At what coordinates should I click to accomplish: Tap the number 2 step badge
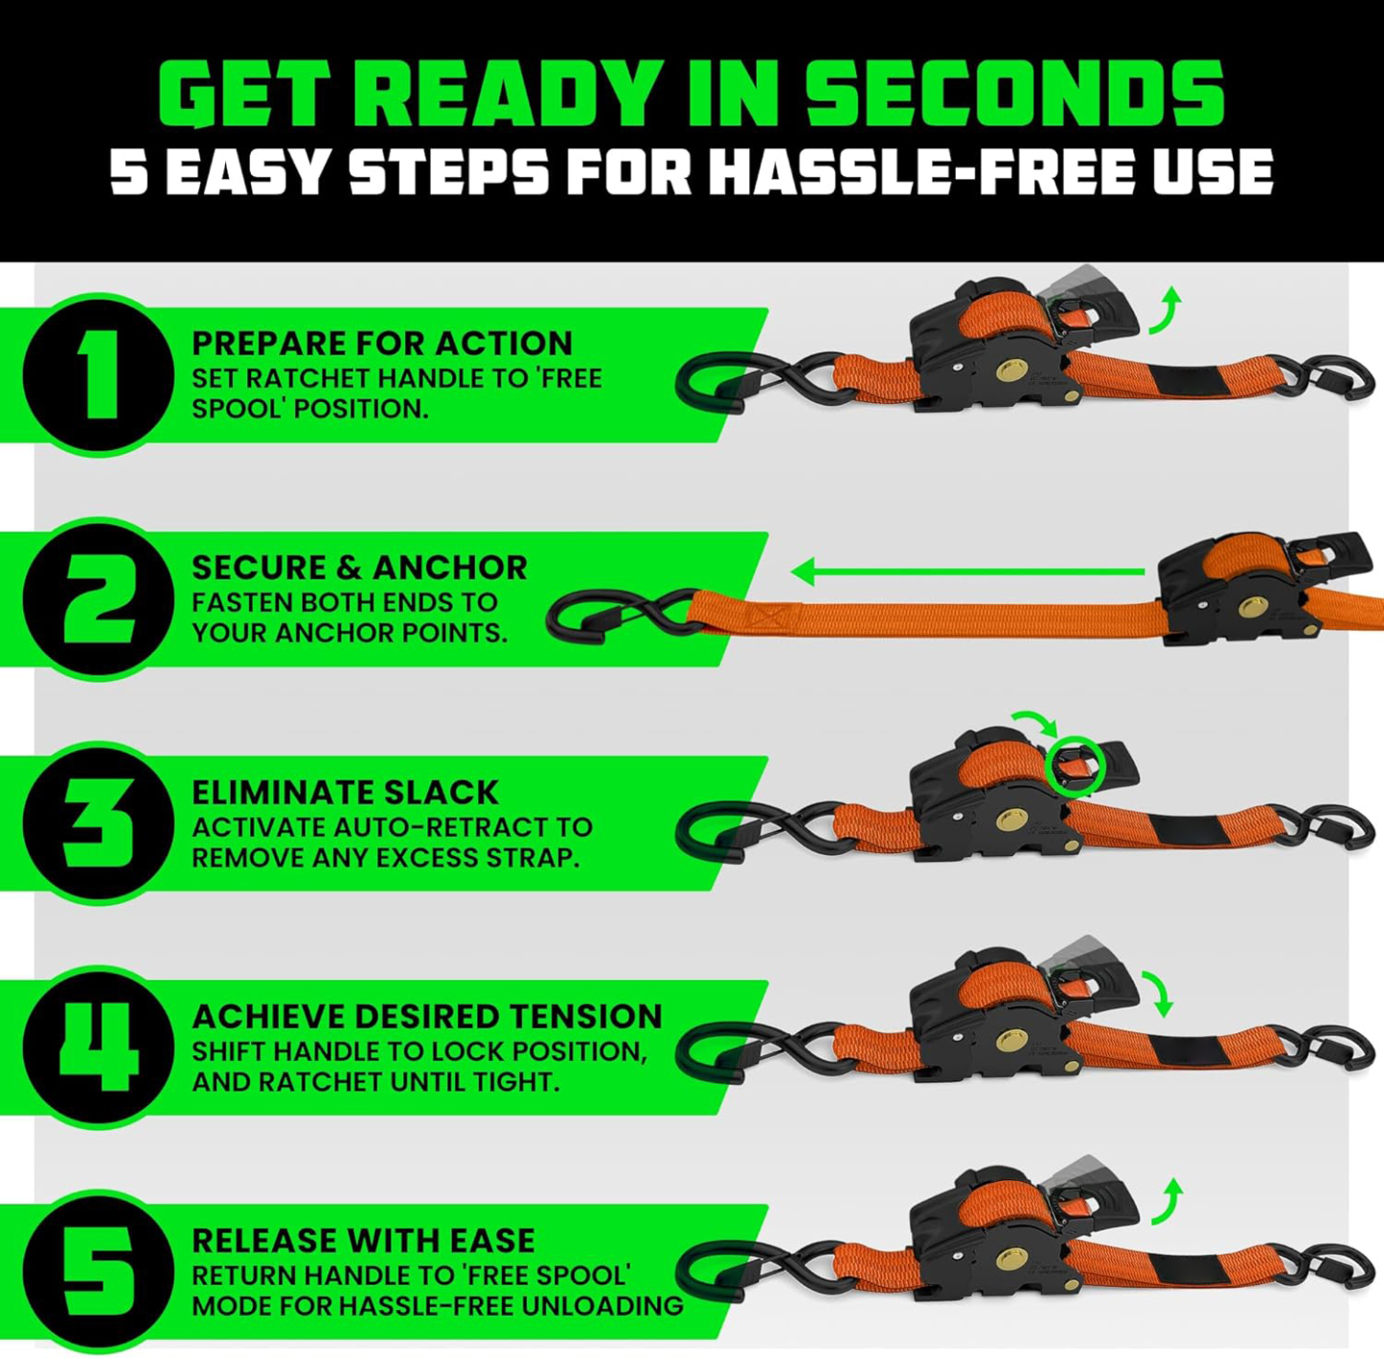[x=99, y=599]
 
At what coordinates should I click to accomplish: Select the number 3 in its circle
[x=99, y=823]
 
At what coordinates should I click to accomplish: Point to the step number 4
[x=99, y=1047]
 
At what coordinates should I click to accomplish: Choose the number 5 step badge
[x=99, y=1271]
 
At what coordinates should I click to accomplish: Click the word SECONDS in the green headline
[x=1014, y=94]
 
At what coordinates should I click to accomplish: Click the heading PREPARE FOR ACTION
[x=381, y=343]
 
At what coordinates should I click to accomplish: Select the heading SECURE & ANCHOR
[x=359, y=567]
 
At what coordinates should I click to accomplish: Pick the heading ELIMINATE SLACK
[x=345, y=792]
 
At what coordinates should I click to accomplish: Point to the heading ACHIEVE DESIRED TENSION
[x=426, y=1016]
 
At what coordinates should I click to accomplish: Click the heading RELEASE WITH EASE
[x=363, y=1240]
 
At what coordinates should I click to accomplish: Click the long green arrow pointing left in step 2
[x=967, y=573]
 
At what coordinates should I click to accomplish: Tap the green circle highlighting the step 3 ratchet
[x=1076, y=766]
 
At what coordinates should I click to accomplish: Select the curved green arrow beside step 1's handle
[x=1167, y=310]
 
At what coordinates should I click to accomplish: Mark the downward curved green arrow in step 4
[x=1162, y=994]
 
